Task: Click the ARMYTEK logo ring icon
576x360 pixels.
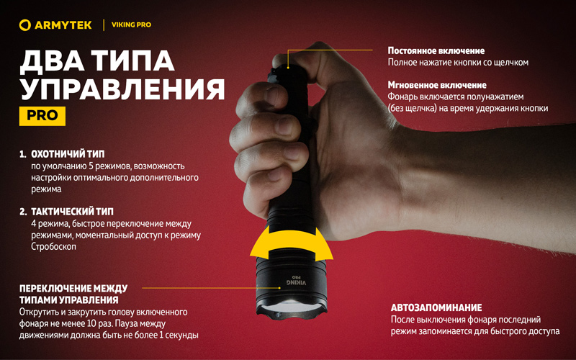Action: coord(24,25)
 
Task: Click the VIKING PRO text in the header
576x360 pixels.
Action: coord(131,25)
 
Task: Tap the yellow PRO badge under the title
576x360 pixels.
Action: coord(42,116)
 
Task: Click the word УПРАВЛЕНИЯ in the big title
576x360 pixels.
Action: coord(122,89)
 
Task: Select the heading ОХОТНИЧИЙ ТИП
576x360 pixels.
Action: coord(68,154)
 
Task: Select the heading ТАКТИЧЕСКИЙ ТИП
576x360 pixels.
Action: coord(73,212)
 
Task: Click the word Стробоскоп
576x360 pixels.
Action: coord(53,246)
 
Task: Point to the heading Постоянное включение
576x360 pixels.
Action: coord(436,50)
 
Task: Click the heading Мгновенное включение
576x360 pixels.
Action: coord(437,85)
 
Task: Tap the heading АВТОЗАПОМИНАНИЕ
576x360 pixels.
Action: coord(436,308)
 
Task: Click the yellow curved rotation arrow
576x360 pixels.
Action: coord(292,243)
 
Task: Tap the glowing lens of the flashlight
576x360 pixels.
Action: coord(292,306)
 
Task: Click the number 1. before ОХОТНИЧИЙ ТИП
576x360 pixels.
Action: coord(23,154)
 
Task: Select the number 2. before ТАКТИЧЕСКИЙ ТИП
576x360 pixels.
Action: coord(24,212)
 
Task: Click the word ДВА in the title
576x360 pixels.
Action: coord(51,60)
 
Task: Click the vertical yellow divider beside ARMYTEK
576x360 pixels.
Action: coord(104,25)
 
